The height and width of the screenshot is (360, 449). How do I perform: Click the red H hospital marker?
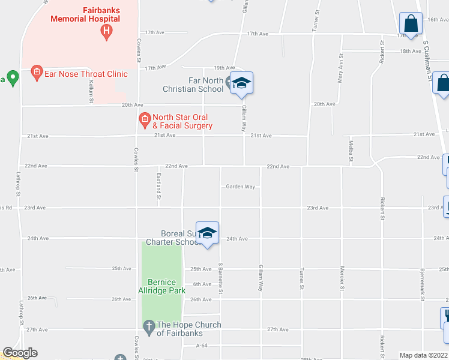click(106, 31)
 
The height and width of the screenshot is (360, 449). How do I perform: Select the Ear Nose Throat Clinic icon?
click(37, 73)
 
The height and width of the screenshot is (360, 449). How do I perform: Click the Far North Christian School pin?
click(241, 83)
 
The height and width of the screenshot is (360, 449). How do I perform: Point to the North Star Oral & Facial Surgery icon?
click(145, 120)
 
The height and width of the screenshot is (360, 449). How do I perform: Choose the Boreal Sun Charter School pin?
click(207, 234)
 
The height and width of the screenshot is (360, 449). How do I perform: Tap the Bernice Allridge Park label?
click(161, 286)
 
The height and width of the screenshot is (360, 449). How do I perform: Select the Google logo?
click(20, 353)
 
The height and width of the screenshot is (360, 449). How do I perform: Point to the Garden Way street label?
click(240, 187)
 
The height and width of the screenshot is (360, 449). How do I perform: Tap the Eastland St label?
click(159, 186)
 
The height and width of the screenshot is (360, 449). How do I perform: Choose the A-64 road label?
click(202, 346)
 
